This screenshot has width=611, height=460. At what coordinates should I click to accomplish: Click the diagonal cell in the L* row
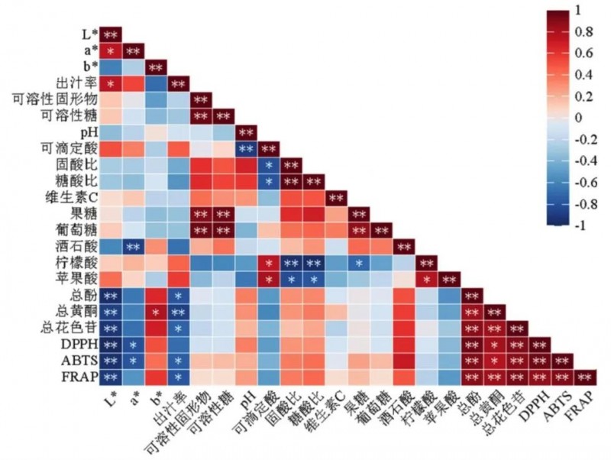pos(111,34)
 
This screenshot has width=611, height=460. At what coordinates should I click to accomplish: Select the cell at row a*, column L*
pos(111,50)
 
